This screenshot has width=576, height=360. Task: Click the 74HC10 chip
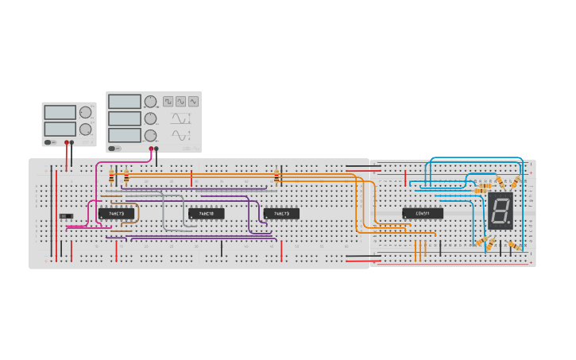[206, 214]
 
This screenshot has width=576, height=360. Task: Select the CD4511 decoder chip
[422, 213]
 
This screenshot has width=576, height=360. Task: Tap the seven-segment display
[500, 211]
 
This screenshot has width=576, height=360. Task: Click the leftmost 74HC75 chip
[115, 214]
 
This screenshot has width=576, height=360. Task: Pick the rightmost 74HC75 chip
[281, 214]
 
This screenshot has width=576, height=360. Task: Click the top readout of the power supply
[60, 112]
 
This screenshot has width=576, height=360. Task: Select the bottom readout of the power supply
[60, 128]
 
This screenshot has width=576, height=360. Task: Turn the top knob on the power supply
[85, 112]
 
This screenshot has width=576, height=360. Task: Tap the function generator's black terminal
[157, 148]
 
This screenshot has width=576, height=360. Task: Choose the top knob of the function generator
[150, 102]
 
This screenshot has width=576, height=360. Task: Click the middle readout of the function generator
[124, 118]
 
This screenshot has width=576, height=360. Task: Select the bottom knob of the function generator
[150, 135]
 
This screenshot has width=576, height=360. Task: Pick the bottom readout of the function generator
[124, 135]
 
